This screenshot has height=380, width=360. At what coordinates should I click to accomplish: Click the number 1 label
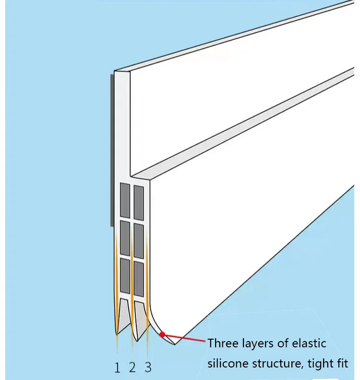(117, 368)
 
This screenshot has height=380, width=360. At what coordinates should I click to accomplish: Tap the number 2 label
(132, 368)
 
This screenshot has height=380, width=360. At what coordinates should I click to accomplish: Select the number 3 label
(148, 368)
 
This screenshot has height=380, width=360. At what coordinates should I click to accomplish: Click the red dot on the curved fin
(162, 334)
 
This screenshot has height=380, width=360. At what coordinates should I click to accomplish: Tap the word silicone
(228, 364)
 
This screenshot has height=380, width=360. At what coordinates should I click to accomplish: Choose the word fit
(342, 364)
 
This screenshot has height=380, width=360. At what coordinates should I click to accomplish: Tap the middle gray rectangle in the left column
(125, 237)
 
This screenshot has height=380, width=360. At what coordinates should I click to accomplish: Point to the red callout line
(185, 339)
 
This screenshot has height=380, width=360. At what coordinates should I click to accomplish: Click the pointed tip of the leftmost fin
(117, 333)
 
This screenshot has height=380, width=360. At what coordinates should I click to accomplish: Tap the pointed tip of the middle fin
(137, 340)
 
